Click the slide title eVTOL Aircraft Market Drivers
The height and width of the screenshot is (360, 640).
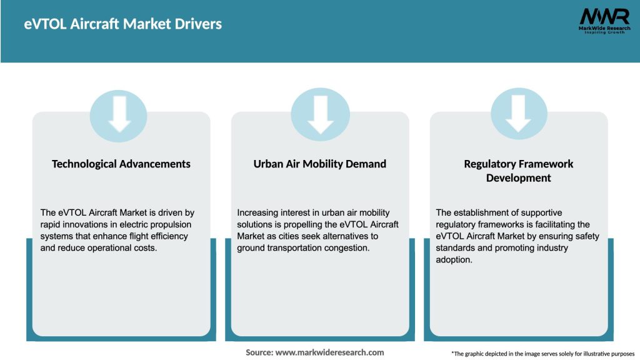tap(123, 24)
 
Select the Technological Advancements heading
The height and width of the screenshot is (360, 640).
tap(121, 164)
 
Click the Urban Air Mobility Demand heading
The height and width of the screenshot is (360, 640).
tap(320, 164)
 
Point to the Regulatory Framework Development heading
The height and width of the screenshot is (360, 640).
tap(519, 171)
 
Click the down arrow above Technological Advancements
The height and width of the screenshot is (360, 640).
tap(119, 114)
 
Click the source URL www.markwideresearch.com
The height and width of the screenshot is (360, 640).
tap(329, 352)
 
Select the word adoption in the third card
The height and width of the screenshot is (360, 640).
tap(454, 260)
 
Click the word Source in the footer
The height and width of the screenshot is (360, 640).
tap(259, 352)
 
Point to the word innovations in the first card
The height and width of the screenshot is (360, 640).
tap(87, 224)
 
